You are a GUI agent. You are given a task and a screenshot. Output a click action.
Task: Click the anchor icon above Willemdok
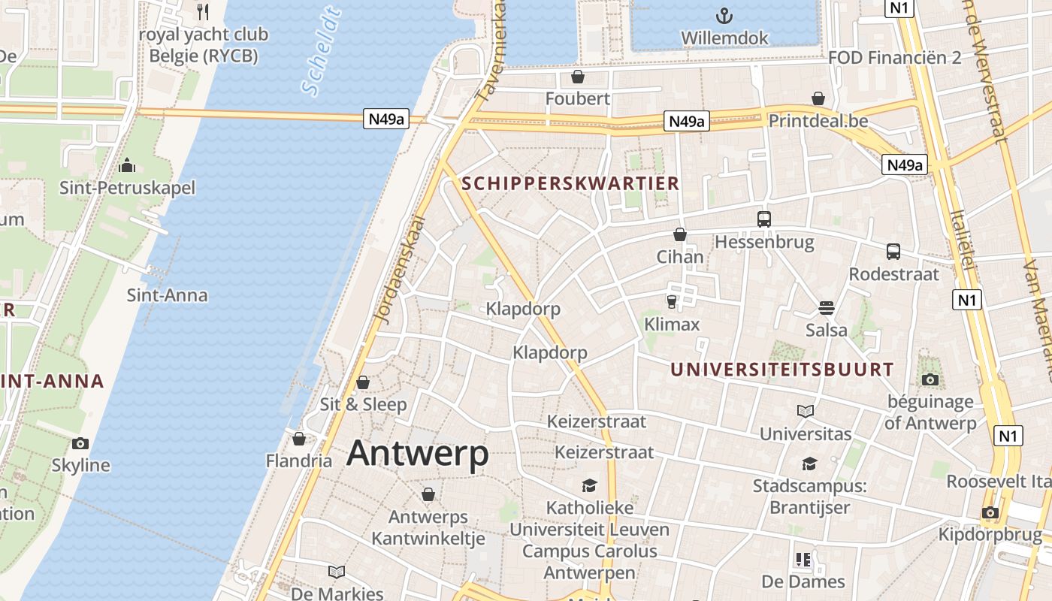coord(724,14)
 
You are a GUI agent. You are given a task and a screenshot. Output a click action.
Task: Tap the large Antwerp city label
coord(418,453)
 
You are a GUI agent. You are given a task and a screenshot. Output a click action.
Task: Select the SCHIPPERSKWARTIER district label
coord(570,183)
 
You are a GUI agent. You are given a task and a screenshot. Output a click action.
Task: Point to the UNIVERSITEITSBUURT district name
coord(781,370)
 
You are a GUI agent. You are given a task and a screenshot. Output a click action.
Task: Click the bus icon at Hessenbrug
coord(763,219)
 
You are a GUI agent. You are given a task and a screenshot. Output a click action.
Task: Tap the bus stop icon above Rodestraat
coord(893,252)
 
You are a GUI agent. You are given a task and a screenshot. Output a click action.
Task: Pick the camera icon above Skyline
coord(80,443)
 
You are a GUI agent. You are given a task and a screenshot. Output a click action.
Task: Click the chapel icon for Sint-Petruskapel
coord(127,165)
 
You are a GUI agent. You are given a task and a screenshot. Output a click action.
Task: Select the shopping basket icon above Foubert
coord(577,77)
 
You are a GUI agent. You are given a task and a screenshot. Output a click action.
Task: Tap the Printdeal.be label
coord(818,121)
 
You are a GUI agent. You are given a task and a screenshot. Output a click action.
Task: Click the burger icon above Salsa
coord(826,307)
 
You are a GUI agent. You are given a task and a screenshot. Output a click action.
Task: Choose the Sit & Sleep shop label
coord(363,404)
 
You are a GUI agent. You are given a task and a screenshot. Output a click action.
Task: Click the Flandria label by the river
coord(299,461)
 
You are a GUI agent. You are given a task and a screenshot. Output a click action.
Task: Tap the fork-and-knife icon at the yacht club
coord(202,11)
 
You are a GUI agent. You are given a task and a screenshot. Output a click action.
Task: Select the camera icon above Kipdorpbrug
coord(990,512)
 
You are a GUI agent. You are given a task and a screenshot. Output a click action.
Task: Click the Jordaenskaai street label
coord(398,270)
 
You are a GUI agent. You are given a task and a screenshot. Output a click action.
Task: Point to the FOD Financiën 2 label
coord(894,58)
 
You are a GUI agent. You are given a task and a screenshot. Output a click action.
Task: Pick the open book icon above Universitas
coord(806,411)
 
